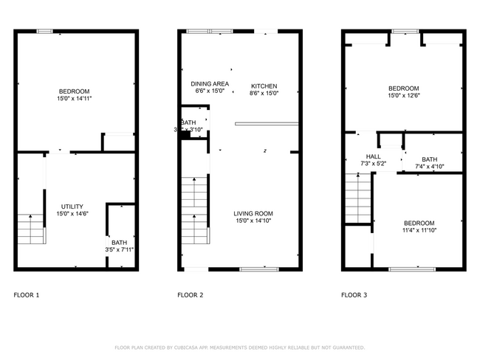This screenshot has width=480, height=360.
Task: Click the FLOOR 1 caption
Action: pos(27,295)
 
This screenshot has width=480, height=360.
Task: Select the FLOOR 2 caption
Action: pos(190,295)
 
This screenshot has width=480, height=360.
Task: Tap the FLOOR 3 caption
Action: pos(354,295)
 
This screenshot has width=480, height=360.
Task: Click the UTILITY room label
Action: pos(72,206)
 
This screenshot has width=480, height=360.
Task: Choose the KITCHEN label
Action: pos(264,86)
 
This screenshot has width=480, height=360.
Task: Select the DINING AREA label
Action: pos(208,84)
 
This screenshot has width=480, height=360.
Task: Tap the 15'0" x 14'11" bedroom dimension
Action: pos(74,99)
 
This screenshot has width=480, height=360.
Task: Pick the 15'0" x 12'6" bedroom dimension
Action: pos(403,95)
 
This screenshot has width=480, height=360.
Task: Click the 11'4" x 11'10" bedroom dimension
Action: pos(419,230)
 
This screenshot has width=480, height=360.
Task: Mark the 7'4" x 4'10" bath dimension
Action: pos(429,167)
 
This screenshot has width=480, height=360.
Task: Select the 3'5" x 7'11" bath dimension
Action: pos(119,250)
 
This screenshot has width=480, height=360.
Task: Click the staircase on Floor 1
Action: pos(32,229)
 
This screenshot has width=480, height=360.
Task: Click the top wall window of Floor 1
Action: pos(45,31)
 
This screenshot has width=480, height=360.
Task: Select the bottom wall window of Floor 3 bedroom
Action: pos(405,269)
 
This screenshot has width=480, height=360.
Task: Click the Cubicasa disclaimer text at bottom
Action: pos(239,347)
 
